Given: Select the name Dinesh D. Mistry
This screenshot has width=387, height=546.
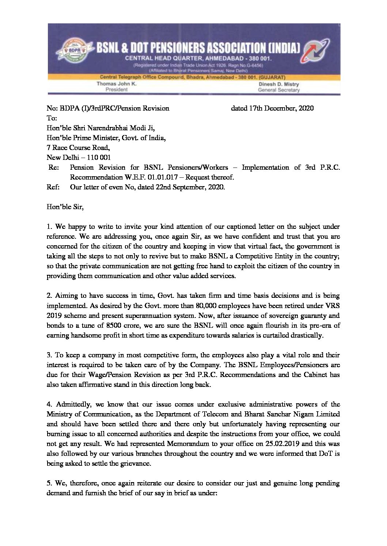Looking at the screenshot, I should tap(278, 84).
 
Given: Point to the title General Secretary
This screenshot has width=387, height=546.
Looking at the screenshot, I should tap(279, 90).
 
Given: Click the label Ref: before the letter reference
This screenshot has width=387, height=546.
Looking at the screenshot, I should tap(53, 188).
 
